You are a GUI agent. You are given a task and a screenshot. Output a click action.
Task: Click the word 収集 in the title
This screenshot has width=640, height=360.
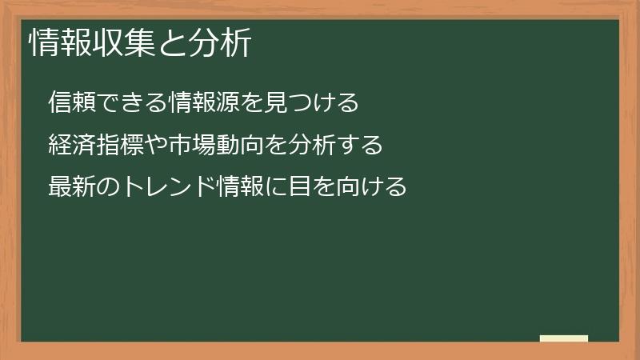[123, 44]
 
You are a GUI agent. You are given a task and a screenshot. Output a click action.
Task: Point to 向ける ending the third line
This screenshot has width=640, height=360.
[372, 188]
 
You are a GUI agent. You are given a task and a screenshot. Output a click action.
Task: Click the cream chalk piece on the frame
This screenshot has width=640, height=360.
[563, 338]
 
